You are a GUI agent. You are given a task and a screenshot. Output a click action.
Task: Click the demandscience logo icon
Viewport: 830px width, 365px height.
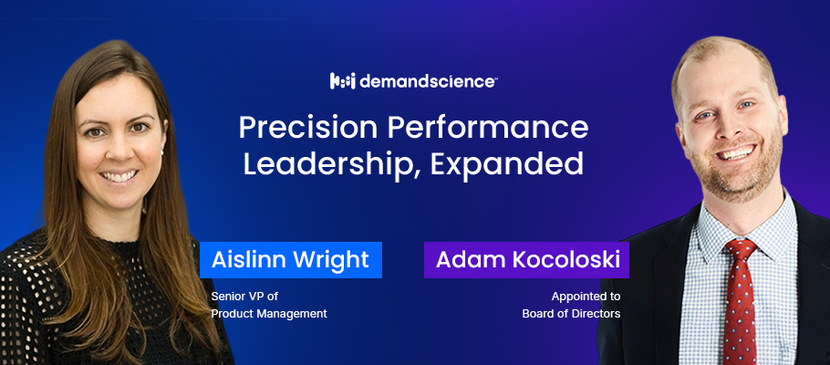(x=342, y=81)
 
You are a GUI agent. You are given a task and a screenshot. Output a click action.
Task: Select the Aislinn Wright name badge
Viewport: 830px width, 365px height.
(x=290, y=260)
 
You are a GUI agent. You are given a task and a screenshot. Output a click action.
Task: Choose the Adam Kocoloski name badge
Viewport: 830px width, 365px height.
(x=526, y=260)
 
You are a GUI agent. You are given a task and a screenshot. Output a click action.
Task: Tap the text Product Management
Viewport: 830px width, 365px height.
(x=269, y=314)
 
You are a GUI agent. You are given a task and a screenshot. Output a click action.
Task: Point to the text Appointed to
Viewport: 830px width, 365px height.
(x=585, y=297)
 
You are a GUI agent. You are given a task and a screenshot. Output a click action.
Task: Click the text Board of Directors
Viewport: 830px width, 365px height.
(x=571, y=314)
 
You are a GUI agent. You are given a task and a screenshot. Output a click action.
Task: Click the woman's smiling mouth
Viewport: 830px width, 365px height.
(x=118, y=176)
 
